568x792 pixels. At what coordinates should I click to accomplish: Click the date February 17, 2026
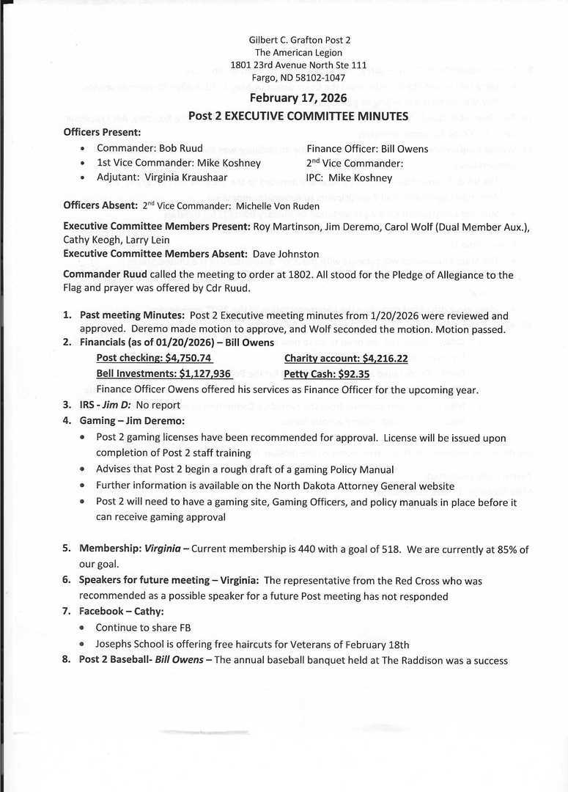point(298,99)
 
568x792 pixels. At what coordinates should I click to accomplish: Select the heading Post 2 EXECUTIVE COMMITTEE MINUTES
point(298,116)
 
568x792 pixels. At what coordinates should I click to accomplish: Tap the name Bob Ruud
point(181,148)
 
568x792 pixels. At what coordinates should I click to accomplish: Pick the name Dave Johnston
point(286,254)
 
